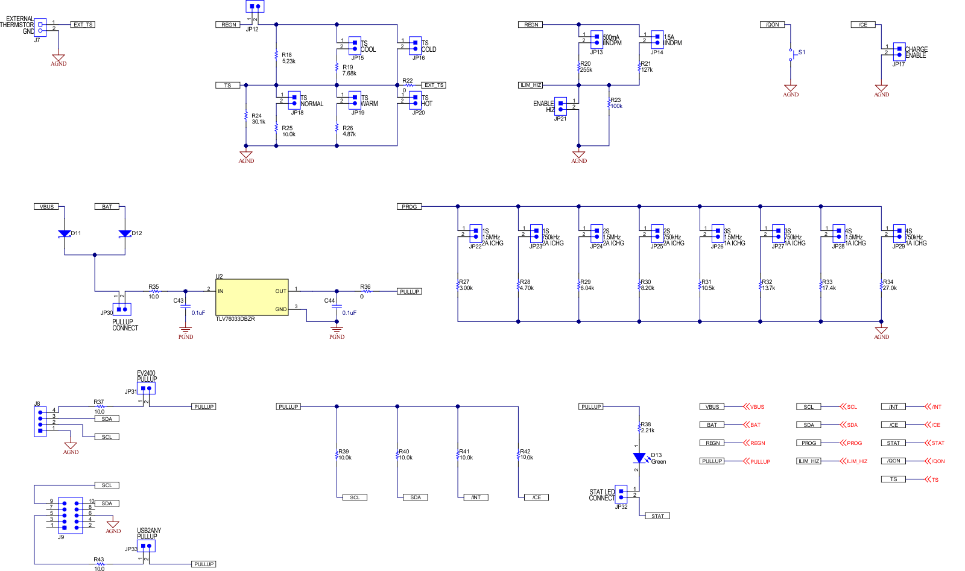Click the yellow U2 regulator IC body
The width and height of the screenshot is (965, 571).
tap(252, 297)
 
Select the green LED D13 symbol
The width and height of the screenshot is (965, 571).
tap(639, 458)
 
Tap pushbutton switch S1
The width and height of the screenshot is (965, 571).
tap(791, 54)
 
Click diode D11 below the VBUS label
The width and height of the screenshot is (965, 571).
tap(65, 233)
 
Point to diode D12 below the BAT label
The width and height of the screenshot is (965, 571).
tap(125, 233)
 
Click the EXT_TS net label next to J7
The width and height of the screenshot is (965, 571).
tap(83, 25)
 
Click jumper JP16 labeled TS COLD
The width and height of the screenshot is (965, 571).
tap(415, 46)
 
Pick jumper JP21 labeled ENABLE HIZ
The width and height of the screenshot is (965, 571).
tap(560, 106)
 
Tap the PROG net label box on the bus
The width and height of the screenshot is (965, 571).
tap(409, 207)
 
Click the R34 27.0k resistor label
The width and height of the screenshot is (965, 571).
tap(889, 285)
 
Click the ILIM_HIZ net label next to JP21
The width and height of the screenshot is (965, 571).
tap(531, 85)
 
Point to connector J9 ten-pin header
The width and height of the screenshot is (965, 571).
tap(70, 516)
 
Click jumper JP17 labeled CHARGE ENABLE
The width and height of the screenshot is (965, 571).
tap(899, 52)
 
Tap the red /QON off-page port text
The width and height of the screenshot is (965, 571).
tap(938, 461)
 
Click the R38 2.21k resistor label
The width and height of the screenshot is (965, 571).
tap(647, 427)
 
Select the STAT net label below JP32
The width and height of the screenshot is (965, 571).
tap(657, 516)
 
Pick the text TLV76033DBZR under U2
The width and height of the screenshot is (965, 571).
tap(235, 319)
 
